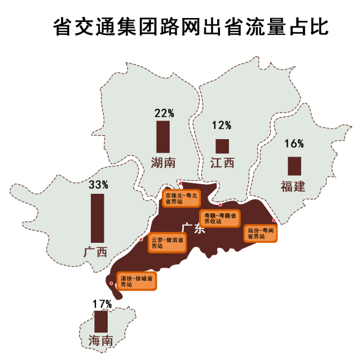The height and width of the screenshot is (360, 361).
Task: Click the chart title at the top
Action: pos(190,25)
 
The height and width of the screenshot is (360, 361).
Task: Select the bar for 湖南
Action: pos(163,136)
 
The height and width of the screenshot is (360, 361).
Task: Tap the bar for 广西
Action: pos(98,218)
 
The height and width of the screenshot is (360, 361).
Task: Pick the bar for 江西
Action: pos(222,146)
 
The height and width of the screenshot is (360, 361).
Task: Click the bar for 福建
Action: pos(294,166)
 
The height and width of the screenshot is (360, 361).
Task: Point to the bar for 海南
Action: pos(101,321)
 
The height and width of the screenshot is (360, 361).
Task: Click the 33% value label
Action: pos(98,184)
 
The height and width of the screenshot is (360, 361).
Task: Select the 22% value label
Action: pos(164,113)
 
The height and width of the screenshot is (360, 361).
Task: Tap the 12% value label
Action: pos(222,125)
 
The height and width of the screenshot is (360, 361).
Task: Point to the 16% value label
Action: pos(294,144)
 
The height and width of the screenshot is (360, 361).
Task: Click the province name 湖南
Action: pos(163,163)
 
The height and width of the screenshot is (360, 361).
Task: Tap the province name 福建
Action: pos(293,186)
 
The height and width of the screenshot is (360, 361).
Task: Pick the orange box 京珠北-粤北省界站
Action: pos(182,198)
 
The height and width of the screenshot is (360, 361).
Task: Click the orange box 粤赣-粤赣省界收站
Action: pos(221,218)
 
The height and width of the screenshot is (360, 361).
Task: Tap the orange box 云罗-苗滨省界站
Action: pos(168,243)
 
